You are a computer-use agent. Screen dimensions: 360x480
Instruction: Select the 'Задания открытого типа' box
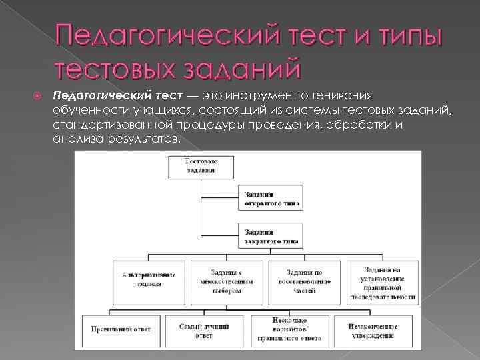click(270, 198)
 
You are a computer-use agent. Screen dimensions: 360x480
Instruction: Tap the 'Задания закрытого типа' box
click(270, 236)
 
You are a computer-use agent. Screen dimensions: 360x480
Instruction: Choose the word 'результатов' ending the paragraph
click(145, 141)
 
